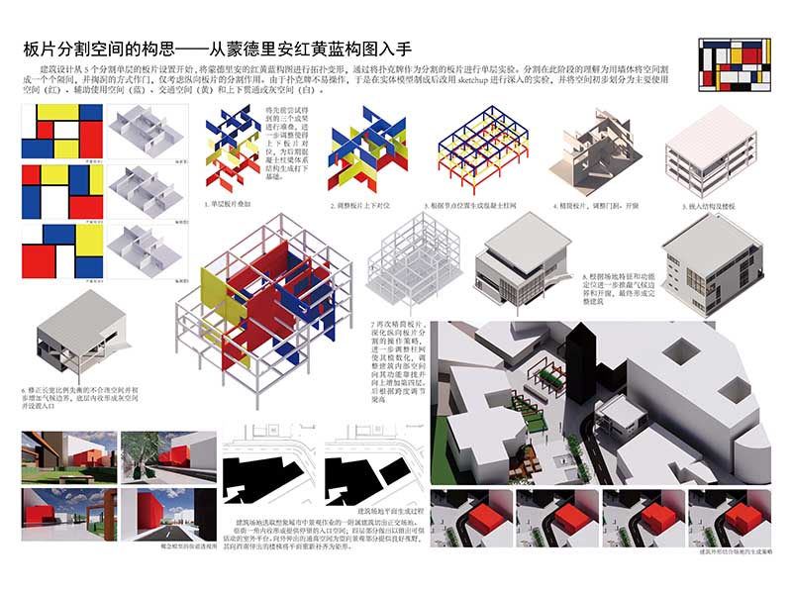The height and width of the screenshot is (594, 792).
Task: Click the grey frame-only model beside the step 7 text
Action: [x=410, y=262]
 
